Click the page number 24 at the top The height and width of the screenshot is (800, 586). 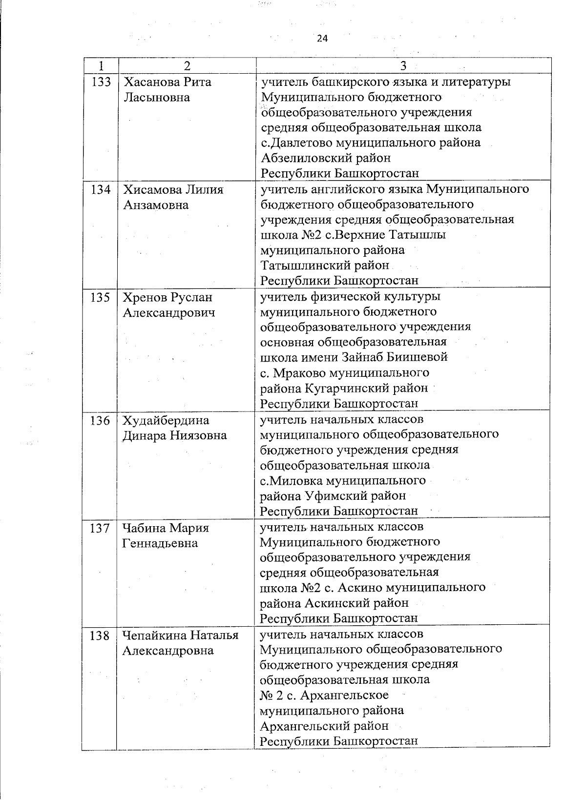321,39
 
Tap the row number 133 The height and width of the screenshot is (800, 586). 101,82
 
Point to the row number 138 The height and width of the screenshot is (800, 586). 100,636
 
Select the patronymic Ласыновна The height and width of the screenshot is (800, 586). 156,97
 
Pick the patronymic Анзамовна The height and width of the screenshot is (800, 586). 156,205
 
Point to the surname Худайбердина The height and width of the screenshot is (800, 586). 166,420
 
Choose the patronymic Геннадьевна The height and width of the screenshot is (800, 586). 160,543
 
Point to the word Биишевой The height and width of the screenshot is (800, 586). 418,358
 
